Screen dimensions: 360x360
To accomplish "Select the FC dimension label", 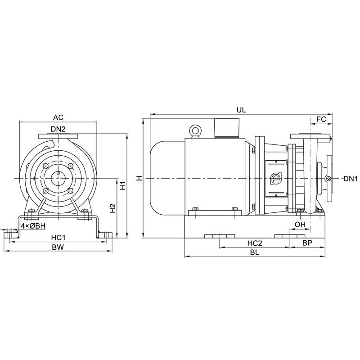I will [x=321, y=119].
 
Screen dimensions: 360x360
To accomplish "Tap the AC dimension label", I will [x=58, y=118].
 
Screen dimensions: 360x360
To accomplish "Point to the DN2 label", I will [x=58, y=129].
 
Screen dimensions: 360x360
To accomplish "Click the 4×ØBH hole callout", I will [x=33, y=225].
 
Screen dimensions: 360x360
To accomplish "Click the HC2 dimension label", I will [x=254, y=243].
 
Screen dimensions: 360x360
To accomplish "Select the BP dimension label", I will [x=307, y=243].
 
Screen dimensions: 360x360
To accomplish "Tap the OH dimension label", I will [x=300, y=225].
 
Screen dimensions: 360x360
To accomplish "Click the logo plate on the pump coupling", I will [x=275, y=179].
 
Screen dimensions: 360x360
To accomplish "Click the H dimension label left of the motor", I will [x=139, y=179].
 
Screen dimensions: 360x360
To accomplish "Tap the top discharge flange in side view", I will [x=310, y=136].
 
